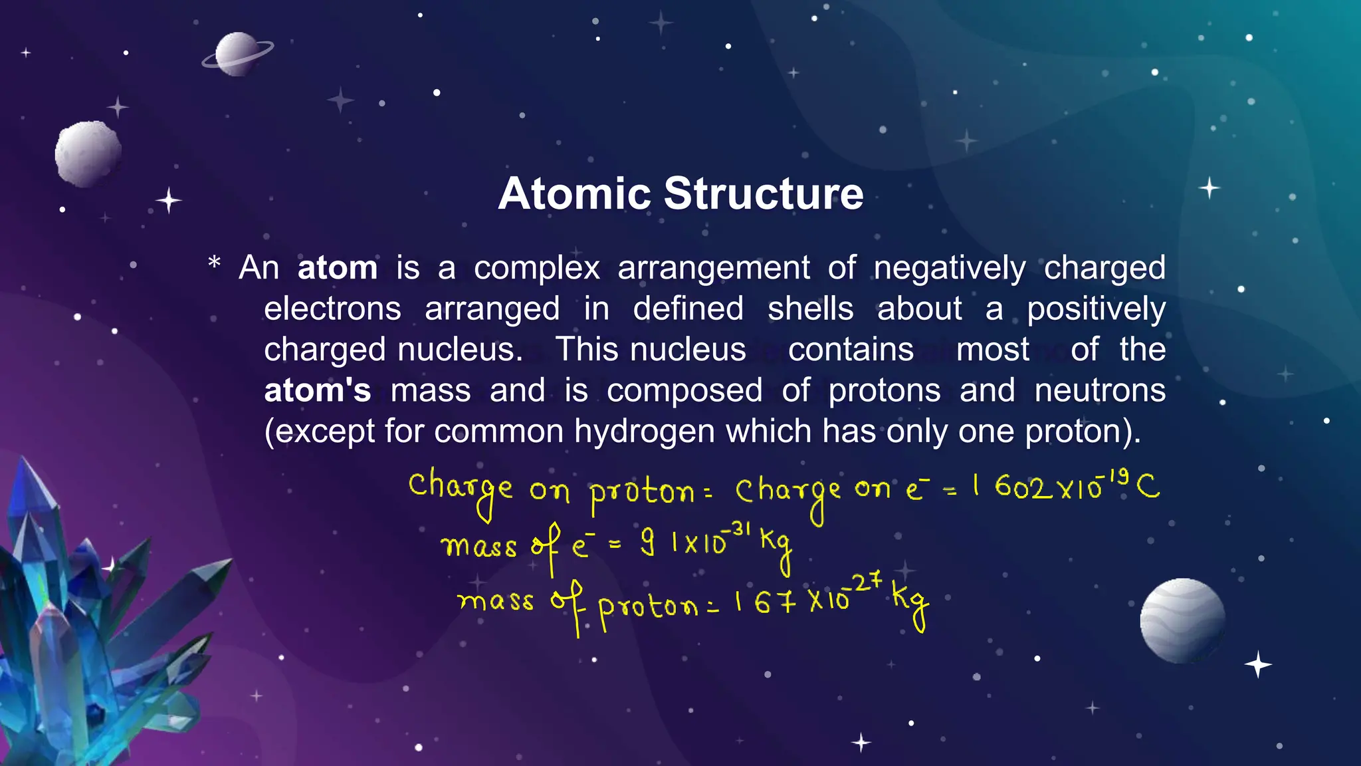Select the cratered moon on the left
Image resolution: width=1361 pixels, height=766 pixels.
pos(88,153)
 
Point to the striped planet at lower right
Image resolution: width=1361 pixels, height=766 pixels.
pos(1182,620)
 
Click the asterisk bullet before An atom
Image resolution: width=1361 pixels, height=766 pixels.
pos(214,263)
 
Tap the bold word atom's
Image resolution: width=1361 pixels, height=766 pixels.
pos(317,390)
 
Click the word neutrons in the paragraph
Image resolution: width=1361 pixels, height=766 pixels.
pos(1099,390)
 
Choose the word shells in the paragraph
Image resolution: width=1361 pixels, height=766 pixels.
pos(810,309)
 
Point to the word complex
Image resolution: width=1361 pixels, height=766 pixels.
pos(536,268)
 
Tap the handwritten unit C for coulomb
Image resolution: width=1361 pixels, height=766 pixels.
pos(1148,487)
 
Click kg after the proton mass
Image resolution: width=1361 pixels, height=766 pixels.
pos(910,602)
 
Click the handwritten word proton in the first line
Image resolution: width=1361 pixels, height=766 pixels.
pos(641,493)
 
